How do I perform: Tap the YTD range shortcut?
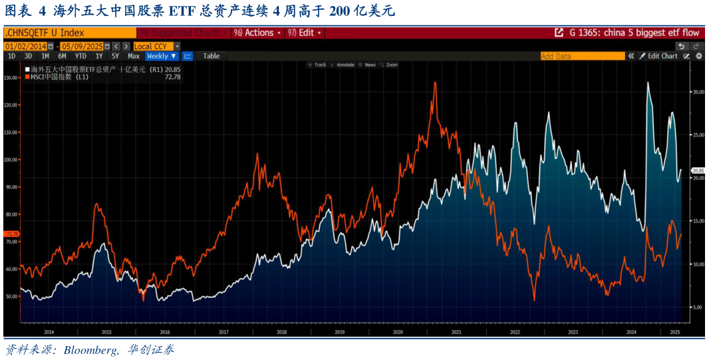coord(80,57)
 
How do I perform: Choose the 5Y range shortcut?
coord(115,57)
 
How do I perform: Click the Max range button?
coord(134,57)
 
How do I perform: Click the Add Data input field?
coord(582,57)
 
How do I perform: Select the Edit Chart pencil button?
coord(658,57)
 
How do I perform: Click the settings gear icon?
coord(699,57)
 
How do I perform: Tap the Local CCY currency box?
coord(152,47)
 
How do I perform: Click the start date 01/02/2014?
coord(25,47)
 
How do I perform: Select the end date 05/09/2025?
coord(82,47)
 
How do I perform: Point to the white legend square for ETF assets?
coord(27,69)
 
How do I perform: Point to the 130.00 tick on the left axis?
coord(11,78)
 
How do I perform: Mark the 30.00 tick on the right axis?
coord(698,92)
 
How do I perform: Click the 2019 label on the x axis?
coord(339,331)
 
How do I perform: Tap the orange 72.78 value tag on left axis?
coord(11,234)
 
